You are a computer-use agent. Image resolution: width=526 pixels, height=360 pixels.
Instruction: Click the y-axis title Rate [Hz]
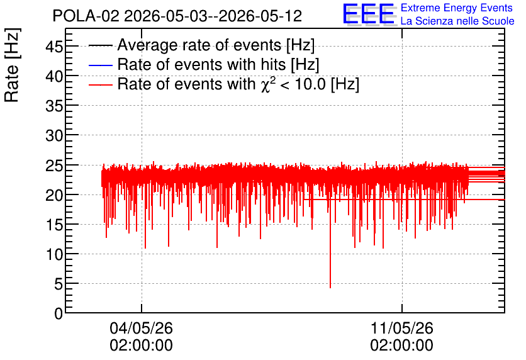[x=12, y=65]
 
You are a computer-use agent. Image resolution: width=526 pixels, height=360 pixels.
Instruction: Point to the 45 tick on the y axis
[x=54, y=47]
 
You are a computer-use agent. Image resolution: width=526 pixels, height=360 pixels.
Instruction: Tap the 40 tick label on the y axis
[x=54, y=76]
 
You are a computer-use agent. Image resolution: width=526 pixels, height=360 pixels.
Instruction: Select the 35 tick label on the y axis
[x=54, y=106]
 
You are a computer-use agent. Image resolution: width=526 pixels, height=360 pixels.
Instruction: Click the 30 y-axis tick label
[x=54, y=135]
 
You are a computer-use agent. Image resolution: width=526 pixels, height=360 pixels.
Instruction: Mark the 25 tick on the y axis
[x=54, y=166]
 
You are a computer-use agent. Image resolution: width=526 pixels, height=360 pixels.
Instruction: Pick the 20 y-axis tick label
[x=54, y=195]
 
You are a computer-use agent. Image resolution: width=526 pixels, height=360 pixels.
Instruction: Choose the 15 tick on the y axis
[x=54, y=225]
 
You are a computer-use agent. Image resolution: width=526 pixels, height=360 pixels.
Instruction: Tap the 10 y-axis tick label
[x=54, y=254]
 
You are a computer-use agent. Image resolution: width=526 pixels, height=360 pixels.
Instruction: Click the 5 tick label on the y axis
[x=59, y=284]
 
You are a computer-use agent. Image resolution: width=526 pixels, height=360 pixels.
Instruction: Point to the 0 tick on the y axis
[x=59, y=313]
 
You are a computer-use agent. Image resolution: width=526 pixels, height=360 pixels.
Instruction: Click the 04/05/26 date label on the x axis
[x=141, y=328]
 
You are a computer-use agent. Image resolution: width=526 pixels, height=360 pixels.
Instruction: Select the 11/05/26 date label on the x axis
[x=402, y=328]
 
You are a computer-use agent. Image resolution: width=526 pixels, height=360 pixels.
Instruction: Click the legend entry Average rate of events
[x=201, y=45]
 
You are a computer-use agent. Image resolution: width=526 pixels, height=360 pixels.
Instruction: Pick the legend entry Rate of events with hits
[x=204, y=64]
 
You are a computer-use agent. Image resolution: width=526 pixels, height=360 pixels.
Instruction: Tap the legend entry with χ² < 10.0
[x=224, y=84]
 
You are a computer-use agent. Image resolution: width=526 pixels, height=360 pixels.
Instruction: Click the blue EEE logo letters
[x=369, y=14]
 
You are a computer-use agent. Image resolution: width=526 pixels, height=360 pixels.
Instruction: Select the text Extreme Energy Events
[x=457, y=8]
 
